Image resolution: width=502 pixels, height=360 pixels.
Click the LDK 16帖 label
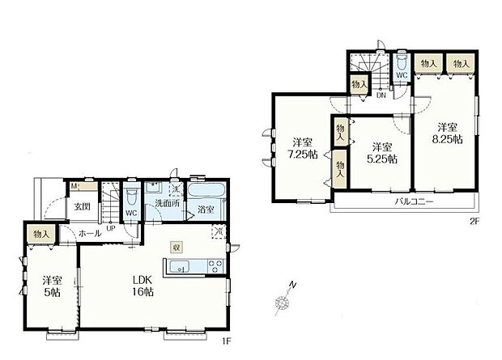pos(143,286)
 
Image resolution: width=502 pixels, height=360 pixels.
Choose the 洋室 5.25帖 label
pos(384,153)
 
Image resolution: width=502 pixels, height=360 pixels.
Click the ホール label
pos(89,233)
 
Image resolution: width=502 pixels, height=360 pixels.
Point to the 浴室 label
pos(204,210)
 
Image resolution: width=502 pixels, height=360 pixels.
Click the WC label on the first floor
pos(130,214)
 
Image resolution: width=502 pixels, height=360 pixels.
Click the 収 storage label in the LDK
pos(176,246)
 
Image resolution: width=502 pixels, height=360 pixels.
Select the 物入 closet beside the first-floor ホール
pos(41,234)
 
